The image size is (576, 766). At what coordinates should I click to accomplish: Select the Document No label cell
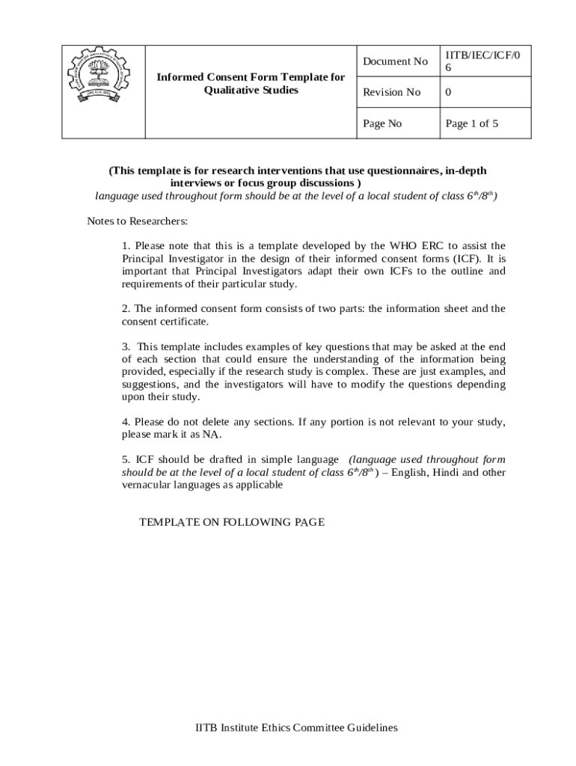(x=395, y=61)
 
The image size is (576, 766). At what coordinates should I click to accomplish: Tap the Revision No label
(x=391, y=92)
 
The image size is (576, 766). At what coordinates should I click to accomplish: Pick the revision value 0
(x=448, y=92)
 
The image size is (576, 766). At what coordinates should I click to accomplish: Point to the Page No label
(x=382, y=123)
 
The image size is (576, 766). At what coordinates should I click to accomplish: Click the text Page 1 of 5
(x=471, y=123)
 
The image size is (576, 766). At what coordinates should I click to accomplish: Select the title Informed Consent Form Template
(x=251, y=77)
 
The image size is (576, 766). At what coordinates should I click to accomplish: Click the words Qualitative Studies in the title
(x=251, y=90)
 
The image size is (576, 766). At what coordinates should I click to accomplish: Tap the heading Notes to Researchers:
(x=137, y=221)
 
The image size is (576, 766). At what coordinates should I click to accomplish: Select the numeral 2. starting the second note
(x=126, y=308)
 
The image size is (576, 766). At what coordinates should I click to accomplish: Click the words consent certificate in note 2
(x=165, y=321)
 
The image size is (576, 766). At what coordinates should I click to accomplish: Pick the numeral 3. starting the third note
(x=126, y=346)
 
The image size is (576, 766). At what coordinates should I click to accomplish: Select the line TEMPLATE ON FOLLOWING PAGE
(x=232, y=522)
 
